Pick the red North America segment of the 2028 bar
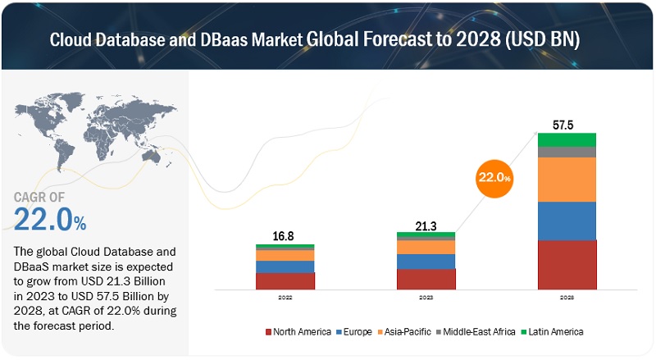coord(567,264)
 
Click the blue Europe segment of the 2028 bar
coord(567,221)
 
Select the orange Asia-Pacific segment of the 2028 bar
coord(567,179)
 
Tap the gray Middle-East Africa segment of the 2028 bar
coord(567,152)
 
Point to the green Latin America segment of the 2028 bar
coord(567,139)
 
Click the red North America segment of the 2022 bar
coord(285,280)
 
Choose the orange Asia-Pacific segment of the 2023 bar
coord(426,247)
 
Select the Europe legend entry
coord(358,331)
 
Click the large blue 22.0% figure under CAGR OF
coord(49,219)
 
